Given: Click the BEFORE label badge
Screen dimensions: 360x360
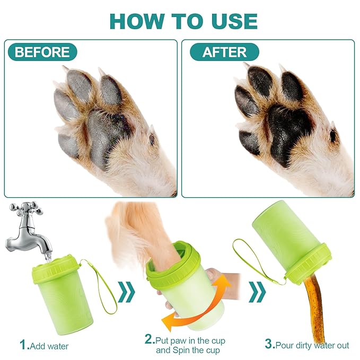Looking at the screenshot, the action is (x=42, y=52).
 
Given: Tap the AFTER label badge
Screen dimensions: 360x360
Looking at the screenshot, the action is (x=224, y=52).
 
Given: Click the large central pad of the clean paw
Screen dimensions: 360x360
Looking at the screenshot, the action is (x=288, y=133).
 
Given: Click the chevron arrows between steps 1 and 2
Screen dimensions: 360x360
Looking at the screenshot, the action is (x=127, y=292).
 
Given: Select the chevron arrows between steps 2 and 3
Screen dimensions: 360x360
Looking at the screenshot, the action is (x=257, y=292).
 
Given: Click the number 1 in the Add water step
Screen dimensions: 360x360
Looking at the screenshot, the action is (x=24, y=345).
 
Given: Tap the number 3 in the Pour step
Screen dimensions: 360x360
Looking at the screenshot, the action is (x=269, y=344).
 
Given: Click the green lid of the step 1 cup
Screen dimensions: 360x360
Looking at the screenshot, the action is (x=56, y=267).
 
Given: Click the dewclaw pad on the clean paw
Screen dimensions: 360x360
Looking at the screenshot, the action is (x=333, y=136).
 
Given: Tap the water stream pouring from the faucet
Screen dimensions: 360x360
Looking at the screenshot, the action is (x=48, y=257).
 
